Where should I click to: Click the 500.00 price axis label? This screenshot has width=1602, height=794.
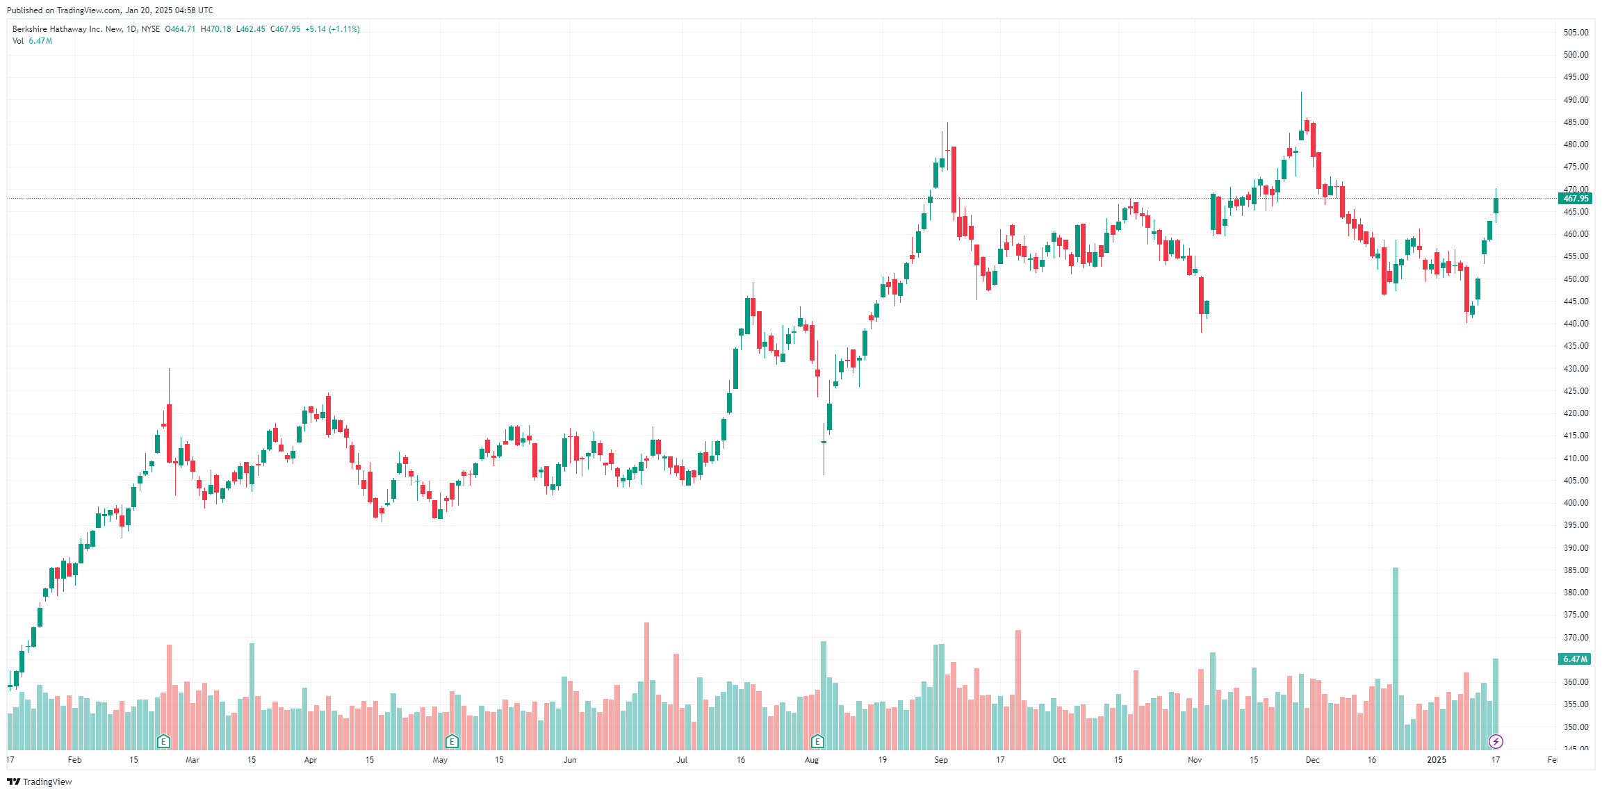(x=1576, y=55)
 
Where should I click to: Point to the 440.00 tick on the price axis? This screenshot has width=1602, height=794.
(x=1576, y=324)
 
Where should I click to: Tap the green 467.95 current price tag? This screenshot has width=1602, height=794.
(x=1576, y=199)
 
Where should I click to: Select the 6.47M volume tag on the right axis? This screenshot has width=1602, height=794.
(x=1575, y=659)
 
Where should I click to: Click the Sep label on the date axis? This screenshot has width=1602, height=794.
(x=941, y=760)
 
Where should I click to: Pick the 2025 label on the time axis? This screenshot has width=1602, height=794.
(x=1436, y=760)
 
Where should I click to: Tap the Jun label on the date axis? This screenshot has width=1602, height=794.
(x=570, y=760)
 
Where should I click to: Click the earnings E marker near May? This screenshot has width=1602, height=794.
(x=452, y=741)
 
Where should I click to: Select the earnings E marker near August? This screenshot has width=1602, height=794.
(x=817, y=741)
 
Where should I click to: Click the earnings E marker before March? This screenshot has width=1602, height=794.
(x=164, y=741)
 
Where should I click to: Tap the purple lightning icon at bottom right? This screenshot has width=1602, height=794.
(x=1496, y=741)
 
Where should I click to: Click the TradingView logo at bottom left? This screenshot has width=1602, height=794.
(x=40, y=781)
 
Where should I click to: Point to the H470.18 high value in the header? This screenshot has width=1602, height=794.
(x=216, y=29)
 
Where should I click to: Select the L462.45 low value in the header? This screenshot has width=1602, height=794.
(x=251, y=29)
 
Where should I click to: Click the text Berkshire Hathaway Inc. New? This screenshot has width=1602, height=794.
(x=67, y=29)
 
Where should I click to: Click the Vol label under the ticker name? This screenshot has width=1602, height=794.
(x=18, y=41)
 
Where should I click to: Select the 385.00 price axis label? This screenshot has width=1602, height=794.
(x=1576, y=570)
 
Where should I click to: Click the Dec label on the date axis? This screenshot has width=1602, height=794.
(x=1312, y=760)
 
